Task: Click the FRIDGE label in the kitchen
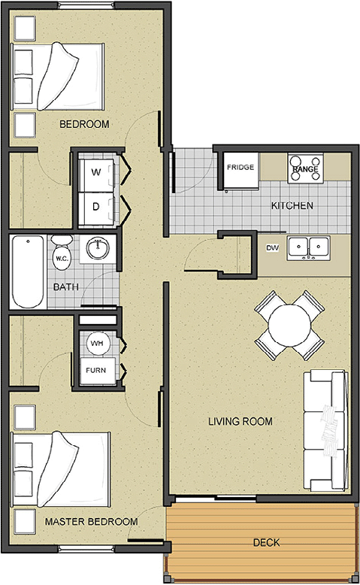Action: pos(241,167)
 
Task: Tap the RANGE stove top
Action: pos(305,168)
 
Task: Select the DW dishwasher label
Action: pos(272,247)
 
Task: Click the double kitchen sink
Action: pos(308,247)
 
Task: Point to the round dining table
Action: pos(289,325)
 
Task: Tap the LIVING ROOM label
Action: pos(241,421)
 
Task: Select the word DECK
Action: pos(266,542)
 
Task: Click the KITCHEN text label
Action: pos(292,205)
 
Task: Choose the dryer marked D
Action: pos(96,207)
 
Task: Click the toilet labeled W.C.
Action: pos(62,252)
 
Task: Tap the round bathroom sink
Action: pos(98,247)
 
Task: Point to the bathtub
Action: pos(28,271)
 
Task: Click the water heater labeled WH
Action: pos(97,343)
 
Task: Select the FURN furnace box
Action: pos(96,371)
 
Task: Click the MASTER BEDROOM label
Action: pos(91,521)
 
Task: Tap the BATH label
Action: pos(66,287)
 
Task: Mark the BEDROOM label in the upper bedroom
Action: pos(84,124)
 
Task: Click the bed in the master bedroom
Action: pos(62,469)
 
